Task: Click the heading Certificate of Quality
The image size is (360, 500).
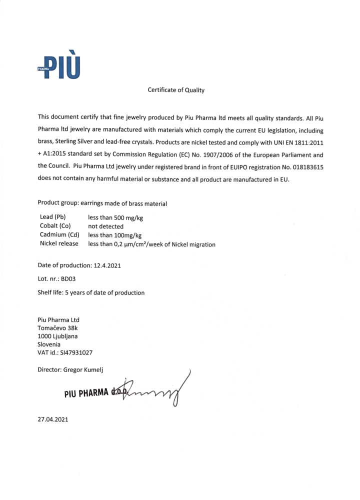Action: (176, 90)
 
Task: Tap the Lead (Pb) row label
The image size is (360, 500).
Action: (53, 217)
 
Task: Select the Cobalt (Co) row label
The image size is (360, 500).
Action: (55, 226)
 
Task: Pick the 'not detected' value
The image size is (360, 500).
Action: (105, 226)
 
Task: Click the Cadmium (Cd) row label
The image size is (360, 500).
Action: (59, 235)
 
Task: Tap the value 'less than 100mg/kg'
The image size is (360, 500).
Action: (115, 235)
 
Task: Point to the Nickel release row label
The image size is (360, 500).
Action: (59, 244)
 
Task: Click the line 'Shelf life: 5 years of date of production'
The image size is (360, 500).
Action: (91, 292)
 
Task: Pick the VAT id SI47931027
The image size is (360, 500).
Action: (75, 352)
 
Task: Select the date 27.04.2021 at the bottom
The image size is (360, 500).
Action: (53, 419)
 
